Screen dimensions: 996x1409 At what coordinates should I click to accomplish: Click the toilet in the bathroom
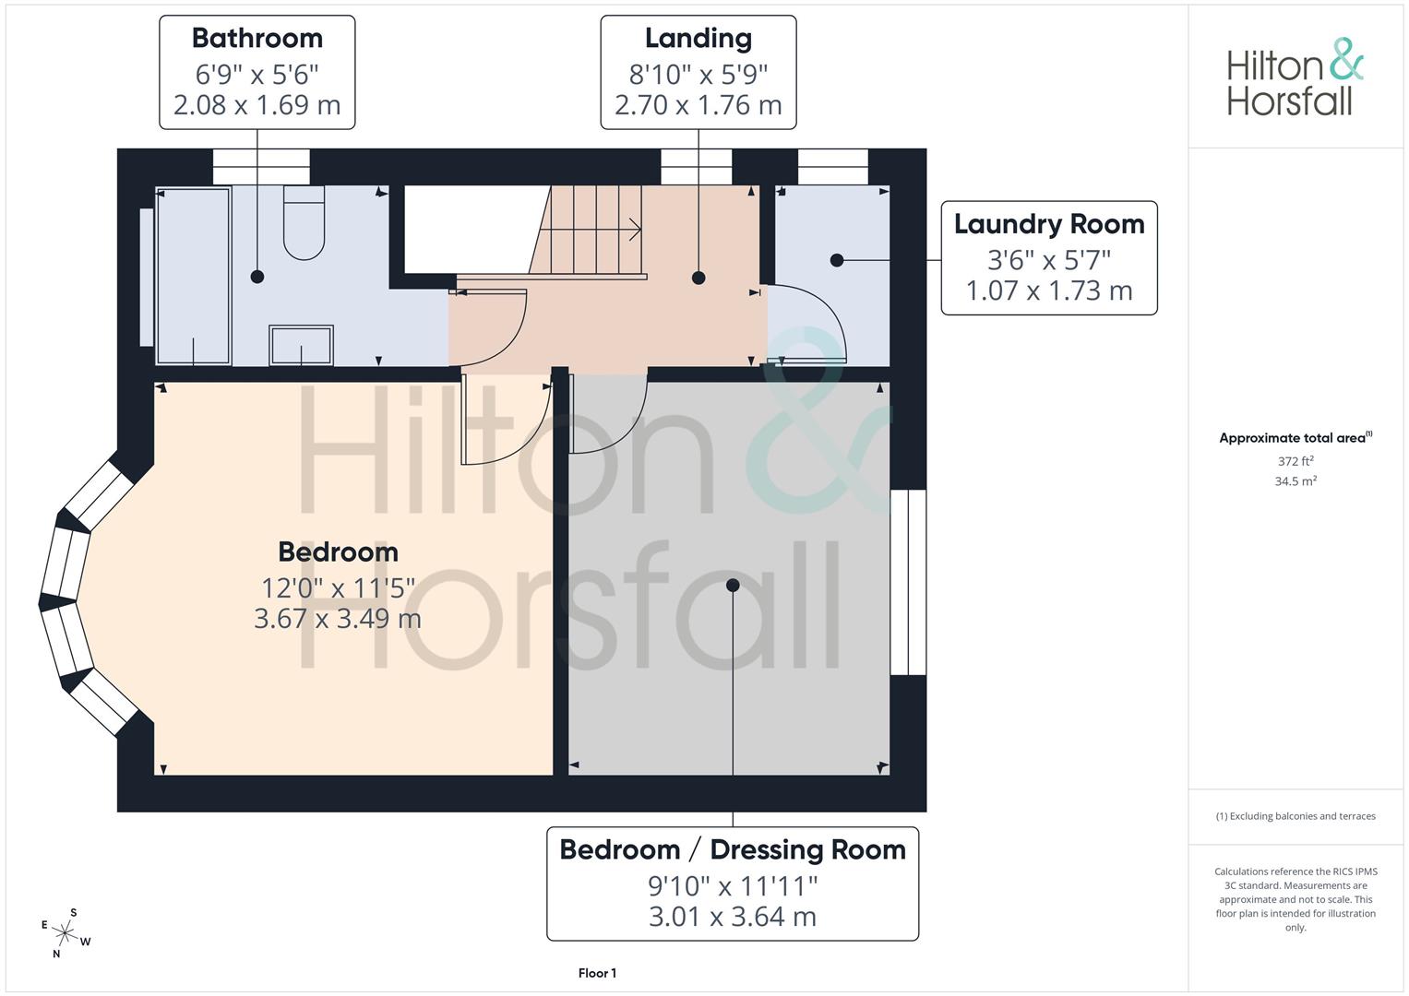coord(304,223)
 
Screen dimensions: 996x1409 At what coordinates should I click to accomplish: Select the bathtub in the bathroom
coord(193,276)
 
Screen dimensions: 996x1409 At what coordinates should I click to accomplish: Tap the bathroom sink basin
coord(301,345)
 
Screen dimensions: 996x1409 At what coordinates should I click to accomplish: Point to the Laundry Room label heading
coord(1048,224)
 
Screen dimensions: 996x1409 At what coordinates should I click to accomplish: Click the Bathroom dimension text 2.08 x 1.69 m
coord(257,105)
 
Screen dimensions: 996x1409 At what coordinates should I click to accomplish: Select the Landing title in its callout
coord(698,38)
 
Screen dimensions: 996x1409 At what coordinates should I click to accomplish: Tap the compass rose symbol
coord(66,933)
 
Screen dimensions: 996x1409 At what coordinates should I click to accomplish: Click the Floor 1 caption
coord(597,973)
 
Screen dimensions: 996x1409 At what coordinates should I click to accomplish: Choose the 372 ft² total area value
coord(1296,461)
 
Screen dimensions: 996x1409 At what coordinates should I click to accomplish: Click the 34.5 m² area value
coord(1296,481)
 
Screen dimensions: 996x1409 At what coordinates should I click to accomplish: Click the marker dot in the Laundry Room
coord(837,261)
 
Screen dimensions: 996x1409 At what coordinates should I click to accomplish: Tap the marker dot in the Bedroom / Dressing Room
coord(733,586)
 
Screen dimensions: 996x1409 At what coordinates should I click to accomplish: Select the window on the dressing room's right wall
coord(908,582)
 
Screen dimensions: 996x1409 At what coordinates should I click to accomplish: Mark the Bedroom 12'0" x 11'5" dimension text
coord(338,587)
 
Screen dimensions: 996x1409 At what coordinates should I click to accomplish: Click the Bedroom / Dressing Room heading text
coord(733,849)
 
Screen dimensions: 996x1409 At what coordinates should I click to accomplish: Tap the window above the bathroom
coord(261,167)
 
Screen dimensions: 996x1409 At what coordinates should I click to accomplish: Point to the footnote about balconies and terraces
coord(1296,816)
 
